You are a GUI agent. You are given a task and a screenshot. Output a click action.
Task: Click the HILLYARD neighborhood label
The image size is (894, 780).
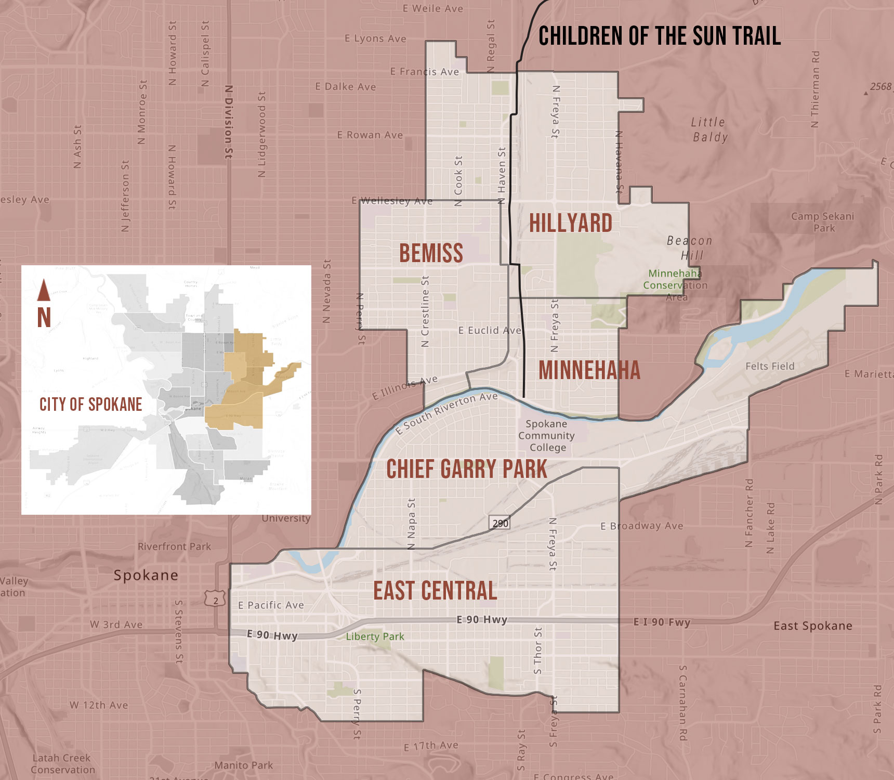point(570,223)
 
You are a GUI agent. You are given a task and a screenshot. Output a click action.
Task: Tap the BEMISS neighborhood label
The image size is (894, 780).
point(431,253)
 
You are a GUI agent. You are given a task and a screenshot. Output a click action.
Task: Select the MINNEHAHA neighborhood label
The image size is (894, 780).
point(589,370)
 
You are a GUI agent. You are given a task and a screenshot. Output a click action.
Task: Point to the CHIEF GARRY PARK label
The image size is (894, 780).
point(466,469)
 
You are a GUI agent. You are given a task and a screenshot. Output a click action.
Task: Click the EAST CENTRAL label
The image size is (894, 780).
point(435,591)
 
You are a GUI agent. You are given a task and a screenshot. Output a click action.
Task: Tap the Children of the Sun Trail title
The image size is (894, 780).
point(659,36)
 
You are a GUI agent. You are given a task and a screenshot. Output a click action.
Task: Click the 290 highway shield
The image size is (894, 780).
point(500,523)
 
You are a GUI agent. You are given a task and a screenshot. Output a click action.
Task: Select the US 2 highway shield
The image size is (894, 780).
point(215,600)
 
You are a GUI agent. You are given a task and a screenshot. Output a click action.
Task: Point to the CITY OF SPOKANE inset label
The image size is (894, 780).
point(90,405)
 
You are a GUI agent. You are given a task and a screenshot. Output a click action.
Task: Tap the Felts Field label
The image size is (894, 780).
point(770,366)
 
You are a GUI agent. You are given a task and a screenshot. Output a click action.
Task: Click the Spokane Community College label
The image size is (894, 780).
point(546,436)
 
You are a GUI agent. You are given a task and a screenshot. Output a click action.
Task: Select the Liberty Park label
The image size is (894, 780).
point(375,636)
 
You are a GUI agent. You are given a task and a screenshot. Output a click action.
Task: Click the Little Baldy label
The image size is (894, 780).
point(709,129)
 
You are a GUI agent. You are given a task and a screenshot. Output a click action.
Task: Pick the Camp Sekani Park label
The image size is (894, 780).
point(823,222)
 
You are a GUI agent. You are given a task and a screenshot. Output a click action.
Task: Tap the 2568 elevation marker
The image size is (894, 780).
point(880,87)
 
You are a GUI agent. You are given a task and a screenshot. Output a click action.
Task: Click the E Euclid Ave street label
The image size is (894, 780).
point(490,330)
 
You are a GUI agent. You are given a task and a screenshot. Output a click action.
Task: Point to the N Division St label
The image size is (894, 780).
point(229,122)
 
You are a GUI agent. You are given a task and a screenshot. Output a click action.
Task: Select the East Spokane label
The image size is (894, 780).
point(812,626)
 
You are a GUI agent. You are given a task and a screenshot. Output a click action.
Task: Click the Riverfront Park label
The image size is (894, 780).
point(174,547)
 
